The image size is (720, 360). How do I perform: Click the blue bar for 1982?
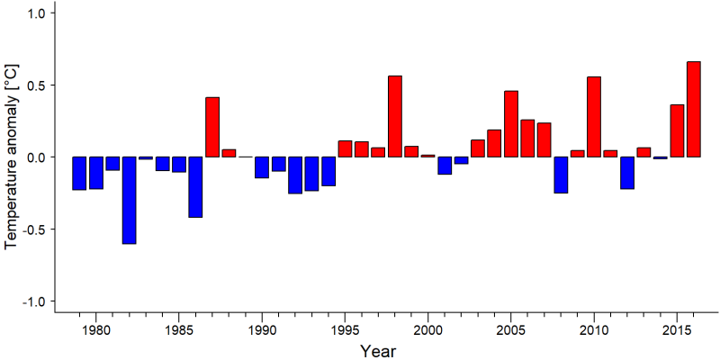pyautogui.click(x=129, y=200)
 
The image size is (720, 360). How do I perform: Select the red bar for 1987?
pyautogui.click(x=212, y=127)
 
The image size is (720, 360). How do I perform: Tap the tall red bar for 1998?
pyautogui.click(x=395, y=116)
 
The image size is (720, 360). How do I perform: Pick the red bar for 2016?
pyautogui.click(x=693, y=109)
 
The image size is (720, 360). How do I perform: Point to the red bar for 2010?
pyautogui.click(x=594, y=117)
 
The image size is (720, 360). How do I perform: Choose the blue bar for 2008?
pyautogui.click(x=561, y=175)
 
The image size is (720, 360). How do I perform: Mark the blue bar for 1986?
pyautogui.click(x=195, y=187)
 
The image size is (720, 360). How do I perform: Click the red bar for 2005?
pyautogui.click(x=511, y=124)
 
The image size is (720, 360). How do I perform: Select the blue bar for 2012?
pyautogui.click(x=627, y=173)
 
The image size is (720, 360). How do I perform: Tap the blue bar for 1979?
pyautogui.click(x=79, y=173)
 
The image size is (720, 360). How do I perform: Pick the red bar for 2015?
pyautogui.click(x=677, y=130)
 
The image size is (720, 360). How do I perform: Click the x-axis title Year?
pyautogui.click(x=377, y=351)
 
